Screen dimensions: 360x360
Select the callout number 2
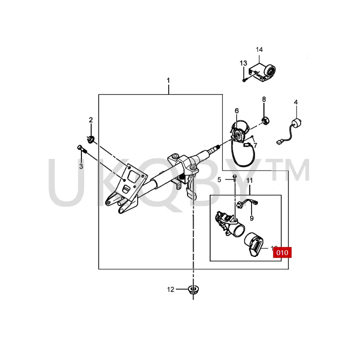click(x=90, y=120)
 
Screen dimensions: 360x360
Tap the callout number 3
click(x=81, y=166)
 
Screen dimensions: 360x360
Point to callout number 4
click(x=296, y=102)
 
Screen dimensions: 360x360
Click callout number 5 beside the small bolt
click(x=220, y=180)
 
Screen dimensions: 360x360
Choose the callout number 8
click(x=264, y=99)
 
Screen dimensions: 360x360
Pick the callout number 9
click(x=252, y=218)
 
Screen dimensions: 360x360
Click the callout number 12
click(x=171, y=289)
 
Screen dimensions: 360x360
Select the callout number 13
click(x=243, y=63)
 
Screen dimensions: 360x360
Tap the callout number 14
click(x=259, y=49)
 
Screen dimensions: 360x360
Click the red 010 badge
click(x=282, y=252)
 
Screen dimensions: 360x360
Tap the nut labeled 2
click(x=90, y=138)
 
